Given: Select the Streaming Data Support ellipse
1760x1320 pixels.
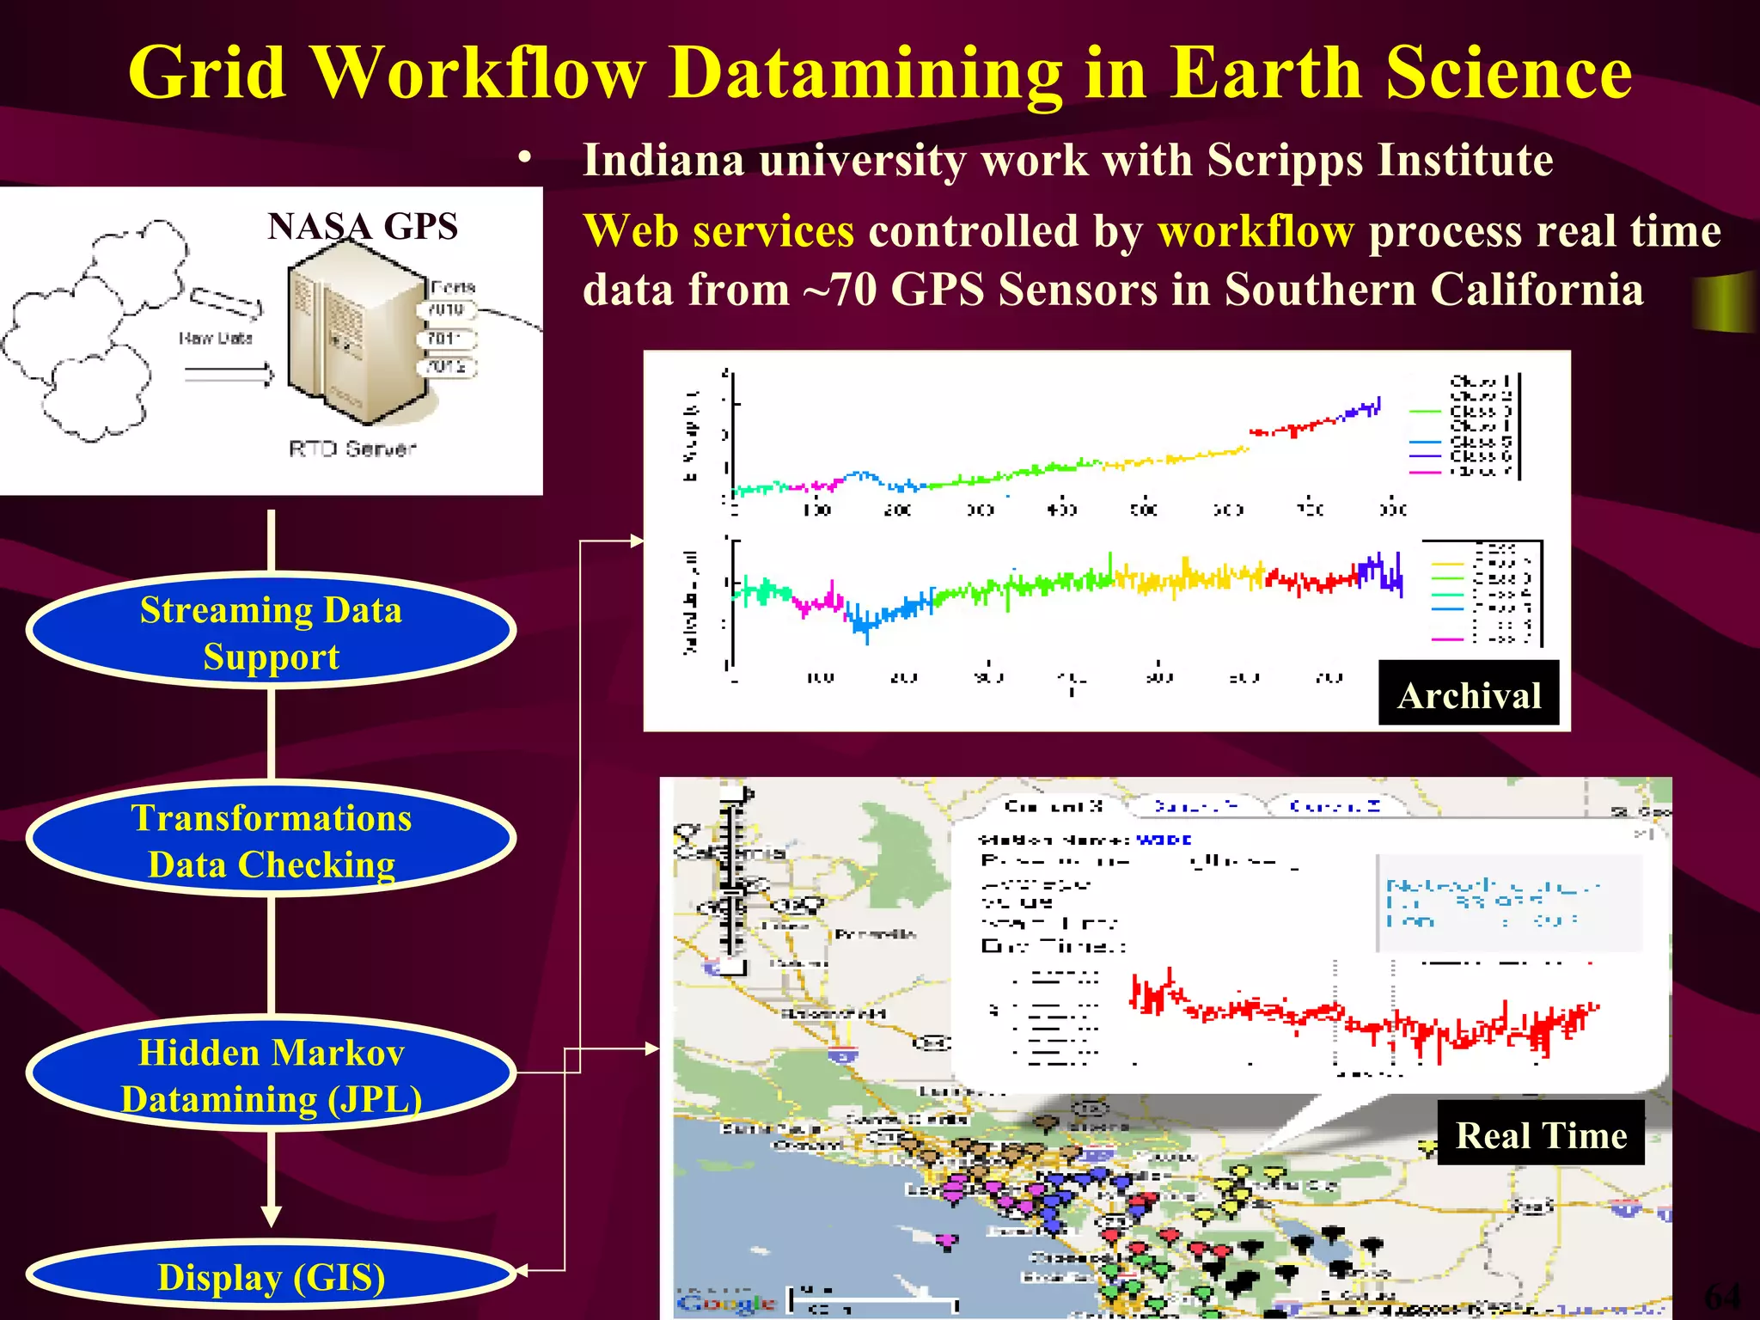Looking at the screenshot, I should click(271, 632).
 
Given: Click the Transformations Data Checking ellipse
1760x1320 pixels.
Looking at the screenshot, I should click(271, 840).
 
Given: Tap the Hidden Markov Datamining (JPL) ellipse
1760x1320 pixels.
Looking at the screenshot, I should click(271, 1074).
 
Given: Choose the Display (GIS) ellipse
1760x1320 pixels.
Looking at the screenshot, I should click(271, 1277).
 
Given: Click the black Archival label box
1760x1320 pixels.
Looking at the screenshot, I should click(1469, 694).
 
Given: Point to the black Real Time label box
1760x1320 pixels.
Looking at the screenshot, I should click(1541, 1134).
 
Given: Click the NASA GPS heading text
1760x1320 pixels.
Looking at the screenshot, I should click(362, 227).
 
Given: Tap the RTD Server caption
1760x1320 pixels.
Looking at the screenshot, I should click(352, 449).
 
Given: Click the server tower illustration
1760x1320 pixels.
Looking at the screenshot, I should click(357, 335).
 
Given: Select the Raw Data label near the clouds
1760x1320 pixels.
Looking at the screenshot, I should click(215, 338).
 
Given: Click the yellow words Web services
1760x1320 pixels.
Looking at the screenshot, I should click(718, 231).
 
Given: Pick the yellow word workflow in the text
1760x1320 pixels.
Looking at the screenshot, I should click(1256, 231).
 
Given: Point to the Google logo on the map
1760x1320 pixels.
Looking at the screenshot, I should click(726, 1302).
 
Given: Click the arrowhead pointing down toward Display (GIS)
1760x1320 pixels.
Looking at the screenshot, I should click(272, 1215).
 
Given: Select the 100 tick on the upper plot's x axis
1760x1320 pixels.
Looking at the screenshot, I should click(816, 510).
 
